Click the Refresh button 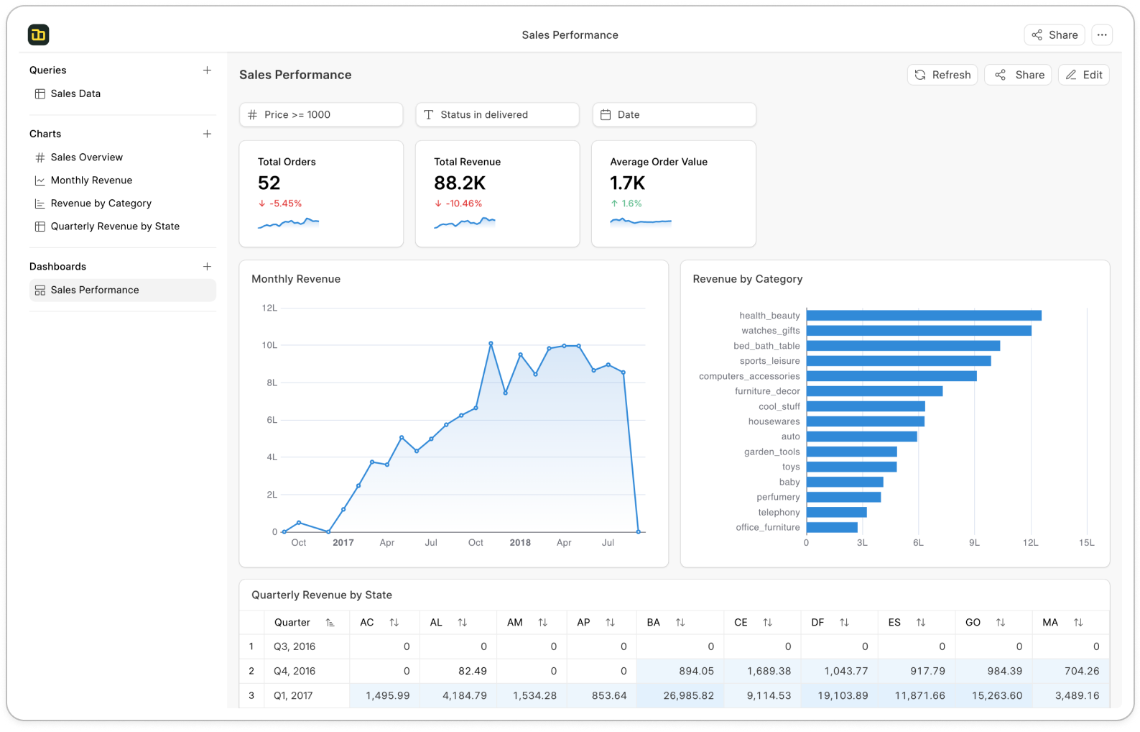(942, 75)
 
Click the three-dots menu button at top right (1101, 35)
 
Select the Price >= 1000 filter (320, 114)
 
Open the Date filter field (673, 114)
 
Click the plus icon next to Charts (207, 134)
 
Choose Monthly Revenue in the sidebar (91, 180)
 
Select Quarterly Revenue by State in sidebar (115, 227)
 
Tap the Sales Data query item (75, 93)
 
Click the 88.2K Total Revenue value (460, 183)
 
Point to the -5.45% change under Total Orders (285, 203)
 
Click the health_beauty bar (923, 316)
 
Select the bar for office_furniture (831, 527)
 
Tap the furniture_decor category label (766, 391)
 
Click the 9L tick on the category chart (974, 543)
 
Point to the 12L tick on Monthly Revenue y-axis (269, 308)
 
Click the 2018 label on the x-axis (520, 543)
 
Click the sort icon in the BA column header (680, 623)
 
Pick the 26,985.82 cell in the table (688, 695)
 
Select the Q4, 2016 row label (295, 671)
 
